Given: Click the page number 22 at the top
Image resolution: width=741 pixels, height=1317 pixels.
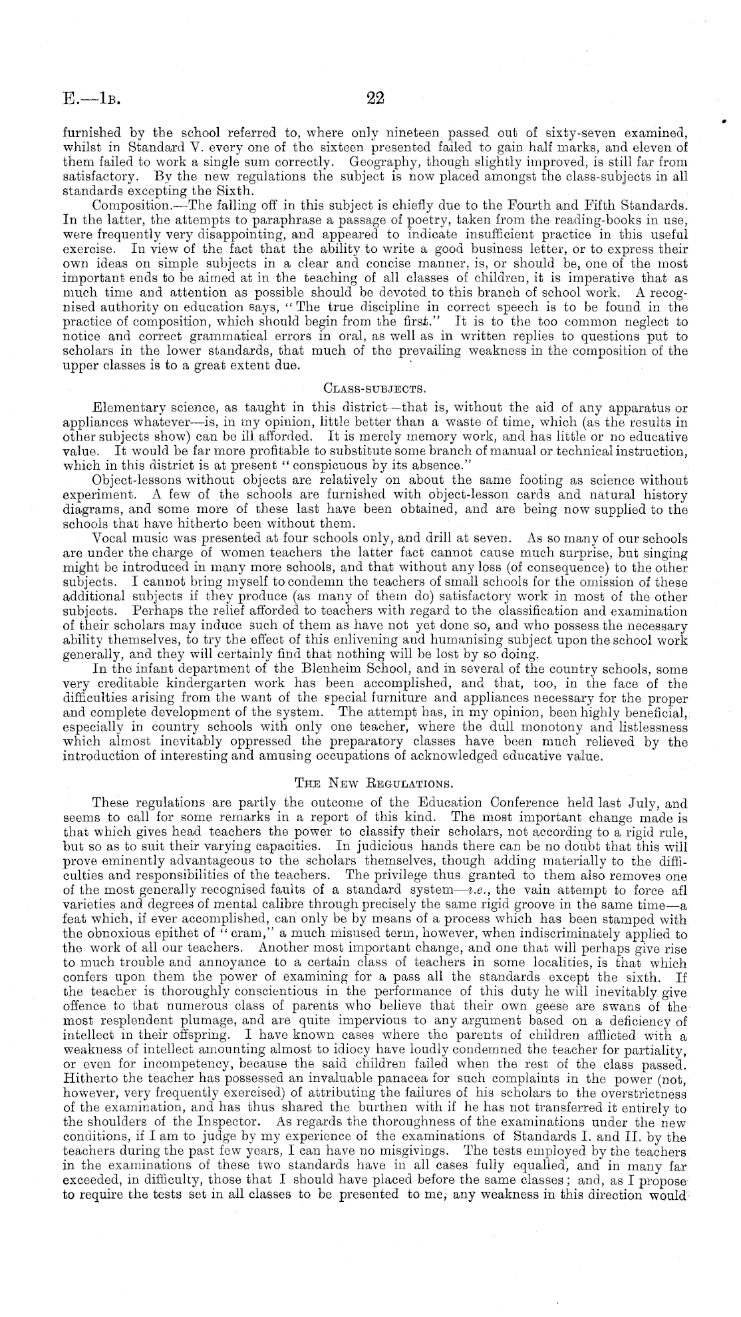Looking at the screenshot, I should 376,98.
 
